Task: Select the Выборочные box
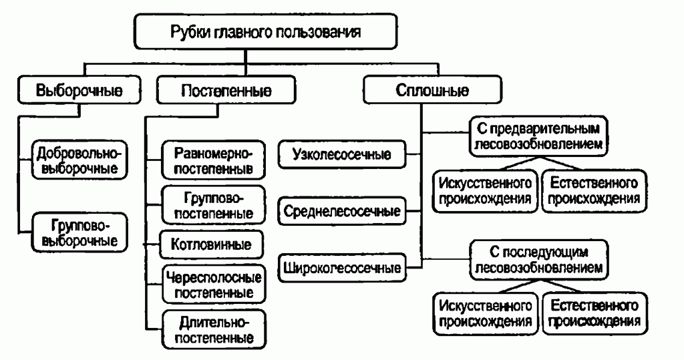point(79,92)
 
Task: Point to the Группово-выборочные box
point(79,231)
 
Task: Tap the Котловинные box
point(212,244)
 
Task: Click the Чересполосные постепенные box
point(212,283)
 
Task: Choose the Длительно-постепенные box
point(212,328)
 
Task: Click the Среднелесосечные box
point(342,212)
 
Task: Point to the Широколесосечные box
point(342,269)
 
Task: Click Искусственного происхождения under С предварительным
point(486,190)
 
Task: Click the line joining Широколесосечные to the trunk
point(414,269)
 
